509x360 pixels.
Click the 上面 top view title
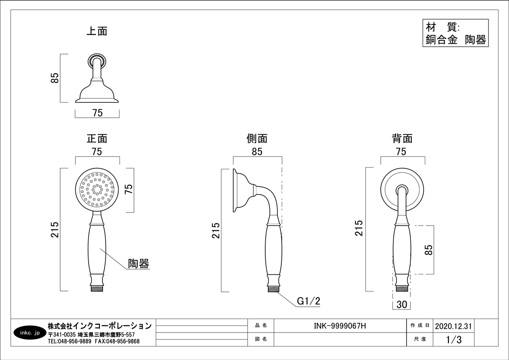pos(97,31)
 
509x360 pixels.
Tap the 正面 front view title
pos(97,139)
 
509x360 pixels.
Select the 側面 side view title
pos(257,139)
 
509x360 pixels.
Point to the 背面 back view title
pos(402,139)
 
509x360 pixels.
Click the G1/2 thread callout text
pos(309,301)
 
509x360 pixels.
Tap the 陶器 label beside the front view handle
pos(139,264)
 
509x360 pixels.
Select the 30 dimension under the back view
pos(402,305)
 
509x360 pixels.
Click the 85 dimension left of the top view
pos(55,78)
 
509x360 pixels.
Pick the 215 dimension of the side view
pos(216,230)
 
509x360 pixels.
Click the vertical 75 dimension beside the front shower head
pos(129,189)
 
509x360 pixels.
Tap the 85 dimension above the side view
pos(257,152)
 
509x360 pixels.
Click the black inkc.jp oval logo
pos(30,333)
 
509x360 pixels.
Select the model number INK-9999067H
pos(340,326)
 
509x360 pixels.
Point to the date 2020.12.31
pos(453,326)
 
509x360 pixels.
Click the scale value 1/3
pos(454,339)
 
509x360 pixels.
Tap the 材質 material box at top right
pos(455,33)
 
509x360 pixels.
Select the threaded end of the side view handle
pos(273,288)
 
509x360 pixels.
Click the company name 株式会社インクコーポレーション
pos(99,326)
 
